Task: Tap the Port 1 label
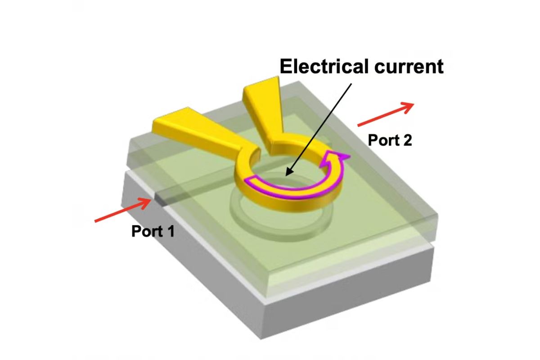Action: [x=153, y=231]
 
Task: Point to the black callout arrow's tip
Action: [x=288, y=174]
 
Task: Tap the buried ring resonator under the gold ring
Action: [x=274, y=220]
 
